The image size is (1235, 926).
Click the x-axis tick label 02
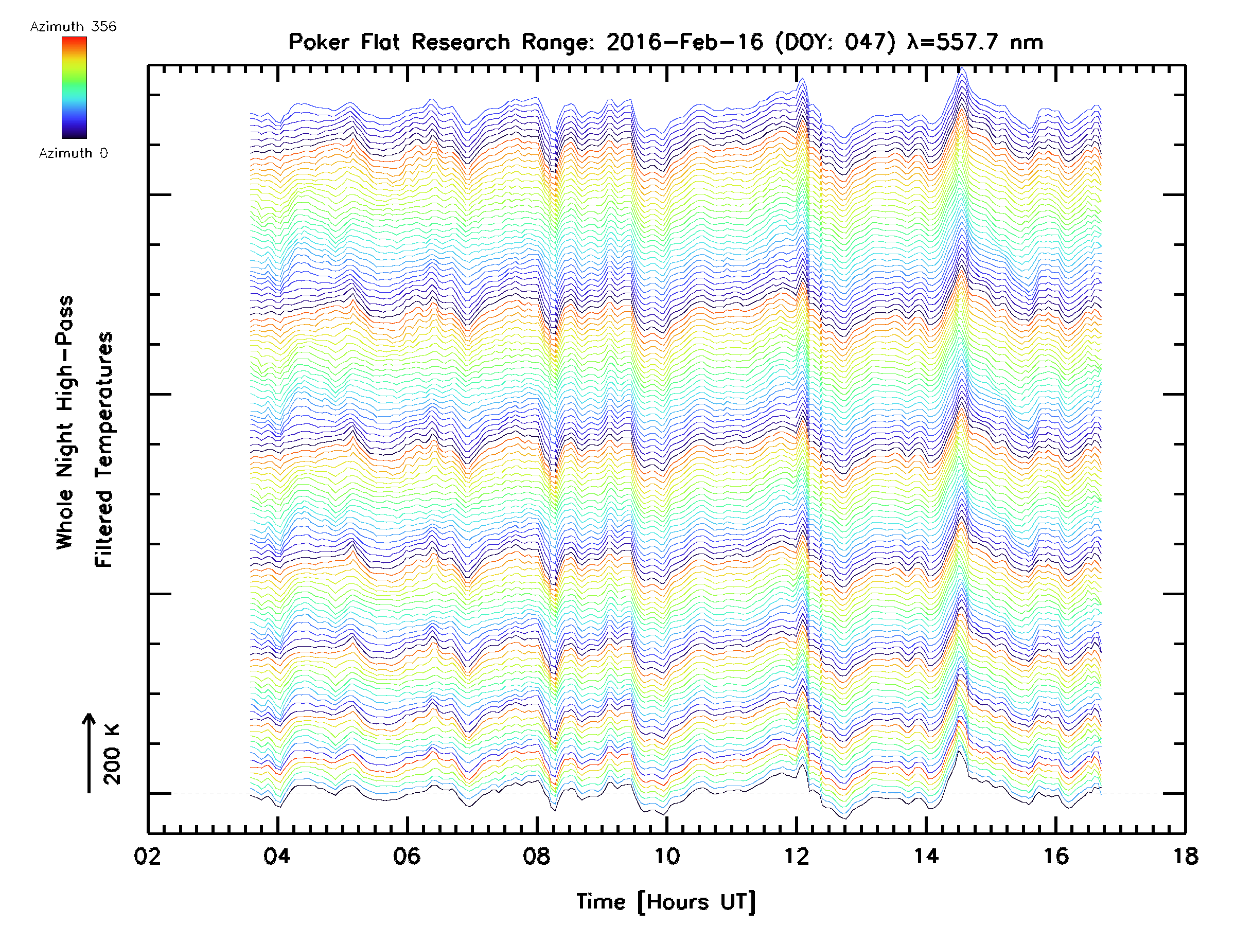click(x=147, y=856)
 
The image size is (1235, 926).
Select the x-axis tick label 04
click(x=277, y=856)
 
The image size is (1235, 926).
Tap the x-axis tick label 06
click(x=407, y=856)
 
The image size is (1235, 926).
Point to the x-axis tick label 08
click(x=537, y=856)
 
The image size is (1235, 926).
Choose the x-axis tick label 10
click(x=666, y=856)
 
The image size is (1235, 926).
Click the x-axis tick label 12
click(x=796, y=856)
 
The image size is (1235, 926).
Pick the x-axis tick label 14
click(x=926, y=856)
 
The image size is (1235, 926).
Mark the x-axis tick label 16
click(x=1056, y=856)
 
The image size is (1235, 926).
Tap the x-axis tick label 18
click(x=1185, y=856)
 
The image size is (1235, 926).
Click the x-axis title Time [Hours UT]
click(x=665, y=902)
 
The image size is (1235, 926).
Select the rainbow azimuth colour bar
click(x=74, y=87)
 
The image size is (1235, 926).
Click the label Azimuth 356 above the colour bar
click(x=73, y=27)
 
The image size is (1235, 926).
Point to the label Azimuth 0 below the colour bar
click(x=73, y=153)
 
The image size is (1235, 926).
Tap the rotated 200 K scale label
click(x=112, y=755)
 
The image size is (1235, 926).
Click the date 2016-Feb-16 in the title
click(x=684, y=42)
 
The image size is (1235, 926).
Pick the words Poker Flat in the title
click(x=343, y=42)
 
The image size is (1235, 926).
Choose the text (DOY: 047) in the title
click(x=835, y=42)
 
